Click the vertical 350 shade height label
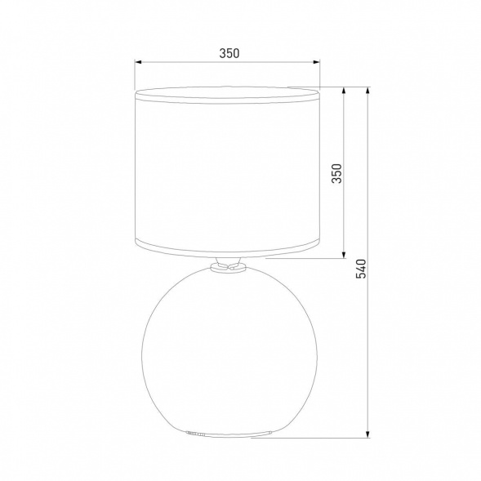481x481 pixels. tap(334, 174)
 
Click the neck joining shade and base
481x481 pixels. tap(228, 265)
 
